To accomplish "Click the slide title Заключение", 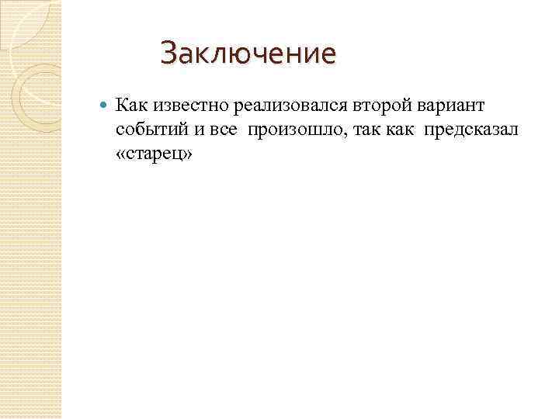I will (x=248, y=54).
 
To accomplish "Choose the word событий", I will (x=150, y=129).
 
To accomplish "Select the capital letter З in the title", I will (x=168, y=54).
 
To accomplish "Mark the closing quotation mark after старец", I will (x=186, y=154).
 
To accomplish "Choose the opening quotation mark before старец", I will (x=121, y=154).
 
